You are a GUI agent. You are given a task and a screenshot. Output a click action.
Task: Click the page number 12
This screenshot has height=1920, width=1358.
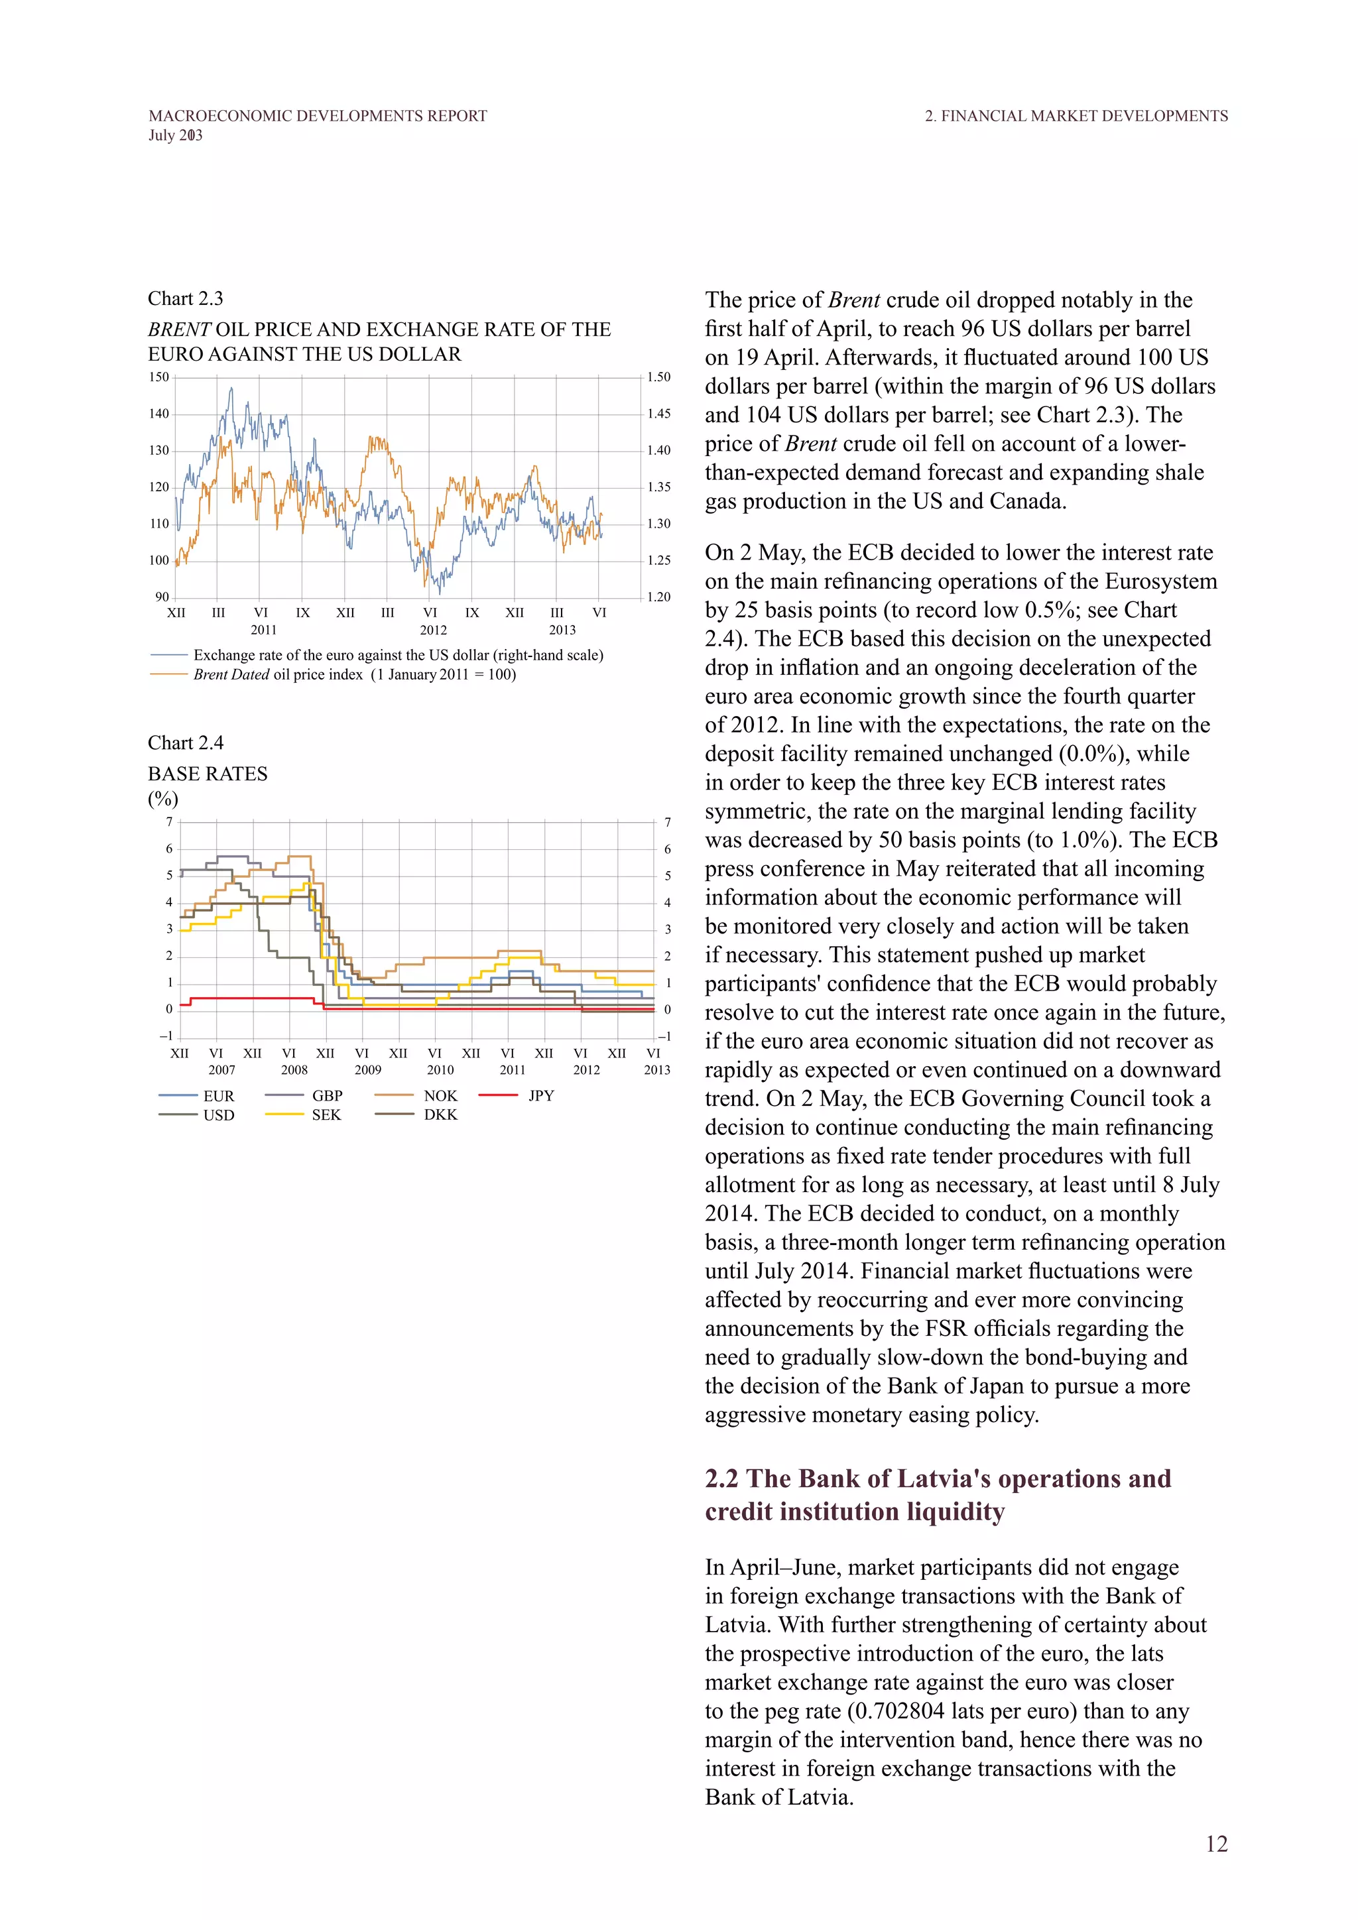1216,1844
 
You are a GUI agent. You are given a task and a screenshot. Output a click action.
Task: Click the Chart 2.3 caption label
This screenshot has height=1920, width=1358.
186,298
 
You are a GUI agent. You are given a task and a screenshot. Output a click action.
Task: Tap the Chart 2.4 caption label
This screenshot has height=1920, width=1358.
186,743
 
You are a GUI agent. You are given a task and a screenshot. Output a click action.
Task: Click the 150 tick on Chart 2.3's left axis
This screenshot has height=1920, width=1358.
159,377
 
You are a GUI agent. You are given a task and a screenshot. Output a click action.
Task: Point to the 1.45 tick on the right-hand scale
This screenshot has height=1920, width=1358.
659,414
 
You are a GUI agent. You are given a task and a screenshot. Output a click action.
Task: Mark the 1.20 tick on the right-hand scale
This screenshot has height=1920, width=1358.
659,597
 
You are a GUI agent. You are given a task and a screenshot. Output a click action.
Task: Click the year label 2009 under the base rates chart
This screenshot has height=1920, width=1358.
368,1069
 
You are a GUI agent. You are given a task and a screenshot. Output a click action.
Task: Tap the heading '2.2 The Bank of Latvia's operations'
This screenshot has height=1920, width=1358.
938,1478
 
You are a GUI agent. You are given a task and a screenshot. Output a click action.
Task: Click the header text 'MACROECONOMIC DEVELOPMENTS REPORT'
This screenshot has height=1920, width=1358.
318,116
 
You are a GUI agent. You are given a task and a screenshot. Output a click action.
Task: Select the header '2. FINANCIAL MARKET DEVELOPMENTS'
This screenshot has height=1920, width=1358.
1076,116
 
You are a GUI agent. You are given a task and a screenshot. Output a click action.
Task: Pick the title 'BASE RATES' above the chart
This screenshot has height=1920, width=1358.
208,774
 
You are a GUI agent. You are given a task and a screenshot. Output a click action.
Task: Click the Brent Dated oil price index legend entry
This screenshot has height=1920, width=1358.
355,675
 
